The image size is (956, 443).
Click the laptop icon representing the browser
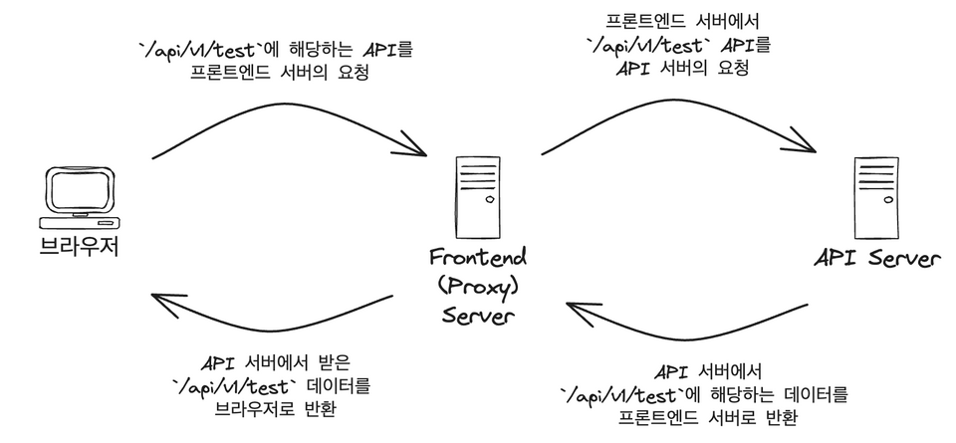click(x=80, y=199)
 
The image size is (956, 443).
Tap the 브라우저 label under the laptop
click(x=80, y=245)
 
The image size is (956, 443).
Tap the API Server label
click(x=875, y=259)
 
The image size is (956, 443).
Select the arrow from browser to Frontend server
click(x=289, y=124)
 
